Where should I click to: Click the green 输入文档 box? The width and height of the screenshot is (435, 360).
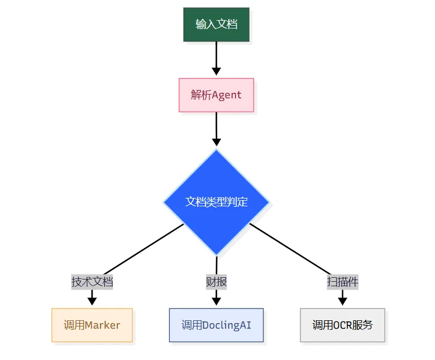tap(216, 25)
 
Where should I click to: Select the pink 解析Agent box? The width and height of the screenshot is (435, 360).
tap(216, 95)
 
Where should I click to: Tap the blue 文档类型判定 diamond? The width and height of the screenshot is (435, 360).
tap(216, 202)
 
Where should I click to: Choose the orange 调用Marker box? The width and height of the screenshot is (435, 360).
tap(92, 325)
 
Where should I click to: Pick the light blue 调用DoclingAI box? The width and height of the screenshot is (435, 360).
tap(216, 325)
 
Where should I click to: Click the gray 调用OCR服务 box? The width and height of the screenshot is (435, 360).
tap(342, 325)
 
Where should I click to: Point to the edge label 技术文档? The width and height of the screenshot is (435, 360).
tap(92, 282)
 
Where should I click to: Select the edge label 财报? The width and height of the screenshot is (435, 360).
tap(216, 282)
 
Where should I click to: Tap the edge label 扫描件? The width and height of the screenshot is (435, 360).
tap(342, 282)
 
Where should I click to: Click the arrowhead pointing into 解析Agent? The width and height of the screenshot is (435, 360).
tap(216, 72)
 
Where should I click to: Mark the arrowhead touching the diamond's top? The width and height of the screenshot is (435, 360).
tap(216, 142)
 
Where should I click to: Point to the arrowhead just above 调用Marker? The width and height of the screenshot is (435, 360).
tap(92, 301)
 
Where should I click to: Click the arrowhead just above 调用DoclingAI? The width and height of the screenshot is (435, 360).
tap(216, 301)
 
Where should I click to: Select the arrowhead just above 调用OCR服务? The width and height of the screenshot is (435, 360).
tap(342, 301)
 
